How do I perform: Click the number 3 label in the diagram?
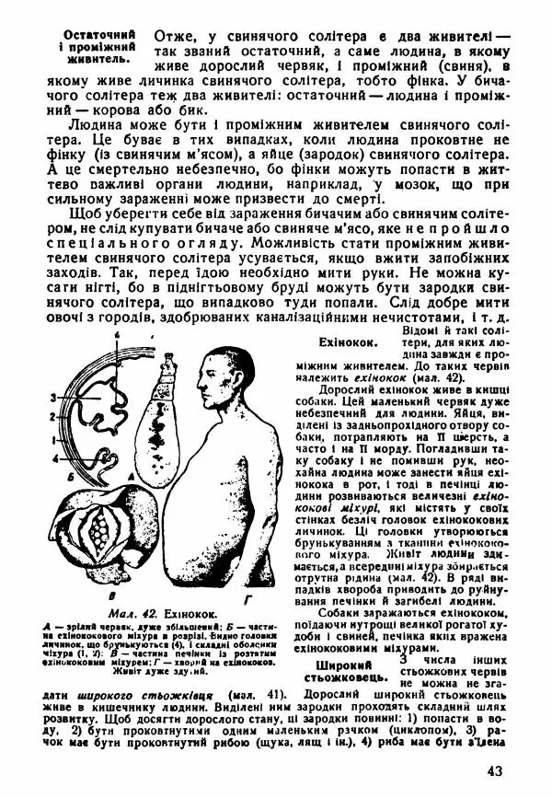click(x=54, y=397)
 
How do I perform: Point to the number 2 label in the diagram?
click(x=54, y=417)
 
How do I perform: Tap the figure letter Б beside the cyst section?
click(x=57, y=478)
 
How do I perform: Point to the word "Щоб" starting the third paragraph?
click(x=81, y=212)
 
